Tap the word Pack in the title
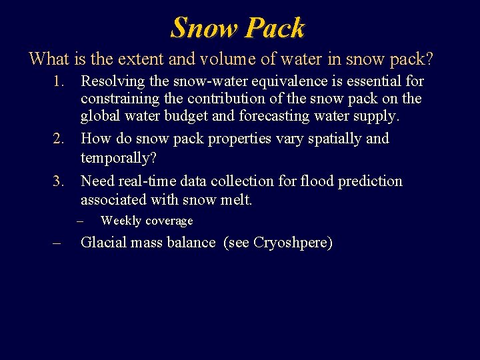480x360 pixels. pyautogui.click(x=275, y=27)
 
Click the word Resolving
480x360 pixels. pyautogui.click(x=111, y=81)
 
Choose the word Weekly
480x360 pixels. pyautogui.click(x=120, y=221)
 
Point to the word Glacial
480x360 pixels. pyautogui.click(x=102, y=242)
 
